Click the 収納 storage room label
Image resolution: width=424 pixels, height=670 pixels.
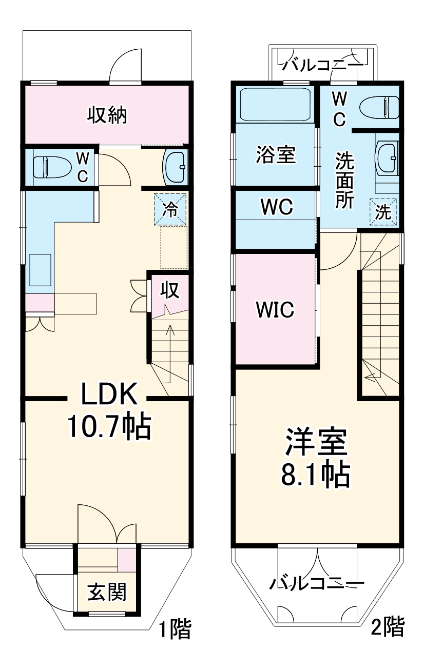106,115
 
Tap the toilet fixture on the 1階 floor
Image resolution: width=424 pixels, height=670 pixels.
51,167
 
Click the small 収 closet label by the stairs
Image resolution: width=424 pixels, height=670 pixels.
170,290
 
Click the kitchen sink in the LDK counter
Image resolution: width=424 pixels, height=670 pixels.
40,269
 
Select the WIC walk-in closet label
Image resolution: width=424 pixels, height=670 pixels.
275,309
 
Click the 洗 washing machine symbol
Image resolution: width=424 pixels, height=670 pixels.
383,212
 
